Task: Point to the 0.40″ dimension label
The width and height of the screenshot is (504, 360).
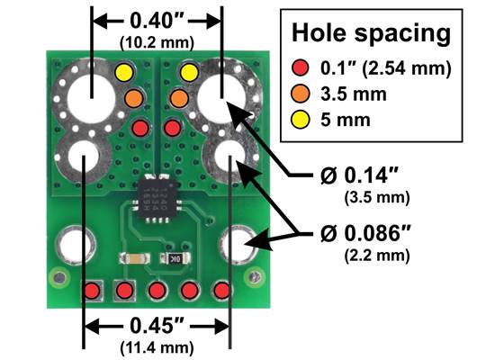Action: click(x=158, y=19)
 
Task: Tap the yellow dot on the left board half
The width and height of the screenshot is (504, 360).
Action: click(x=124, y=71)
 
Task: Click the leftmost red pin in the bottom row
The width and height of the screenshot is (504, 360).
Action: click(x=92, y=291)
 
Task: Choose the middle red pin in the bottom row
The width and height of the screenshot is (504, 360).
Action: click(x=157, y=291)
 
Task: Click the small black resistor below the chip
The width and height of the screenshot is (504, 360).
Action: click(x=171, y=258)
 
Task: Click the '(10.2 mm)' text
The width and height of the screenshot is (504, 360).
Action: click(x=158, y=40)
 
